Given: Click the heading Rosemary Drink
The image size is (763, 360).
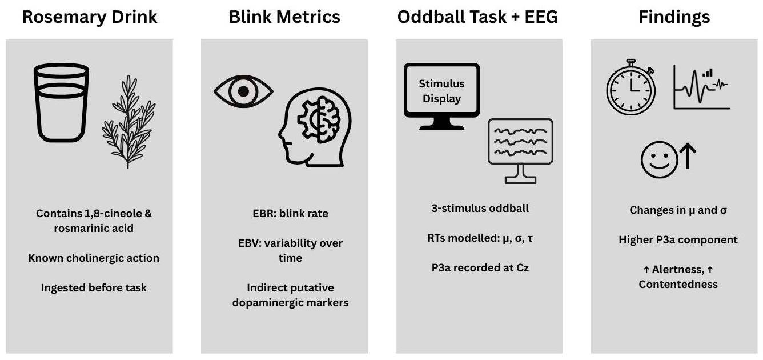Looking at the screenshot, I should click(x=89, y=17).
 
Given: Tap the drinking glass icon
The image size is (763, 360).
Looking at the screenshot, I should click(x=61, y=103).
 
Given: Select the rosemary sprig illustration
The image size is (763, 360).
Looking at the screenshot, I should click(x=128, y=121).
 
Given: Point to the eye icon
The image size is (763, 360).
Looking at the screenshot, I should click(x=243, y=91).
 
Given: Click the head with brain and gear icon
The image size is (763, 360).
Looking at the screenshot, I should click(x=315, y=129).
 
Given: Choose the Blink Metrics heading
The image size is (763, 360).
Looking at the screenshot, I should click(x=284, y=17).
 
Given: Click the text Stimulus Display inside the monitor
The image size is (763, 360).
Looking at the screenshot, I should click(x=441, y=91).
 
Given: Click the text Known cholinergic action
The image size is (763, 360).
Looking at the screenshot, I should click(x=94, y=258).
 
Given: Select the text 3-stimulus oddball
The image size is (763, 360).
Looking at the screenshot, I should click(x=480, y=208).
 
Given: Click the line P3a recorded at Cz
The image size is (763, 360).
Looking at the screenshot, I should click(x=480, y=267).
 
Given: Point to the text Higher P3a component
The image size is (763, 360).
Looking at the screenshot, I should click(x=678, y=240).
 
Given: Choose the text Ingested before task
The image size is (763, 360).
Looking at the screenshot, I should click(x=94, y=288).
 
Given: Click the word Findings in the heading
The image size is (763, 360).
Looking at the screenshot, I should click(x=674, y=17).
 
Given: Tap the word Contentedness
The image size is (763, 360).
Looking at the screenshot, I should click(x=678, y=284).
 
